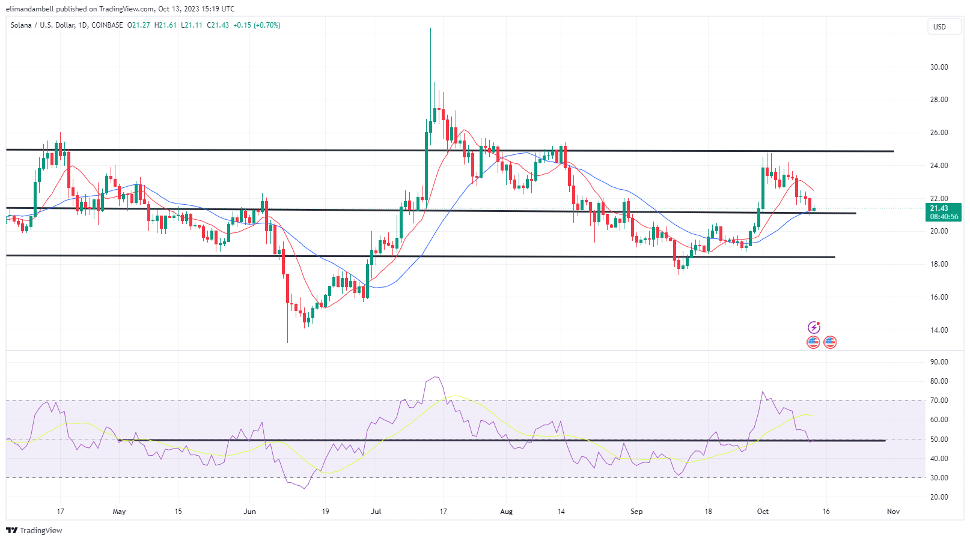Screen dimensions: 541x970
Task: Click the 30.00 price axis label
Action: [939, 67]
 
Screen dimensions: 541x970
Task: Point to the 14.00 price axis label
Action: [939, 330]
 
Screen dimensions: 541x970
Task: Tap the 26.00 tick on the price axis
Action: [939, 133]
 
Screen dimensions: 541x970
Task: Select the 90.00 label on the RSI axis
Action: [939, 362]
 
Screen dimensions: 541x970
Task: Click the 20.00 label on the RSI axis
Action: [939, 497]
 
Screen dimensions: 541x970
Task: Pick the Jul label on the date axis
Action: [376, 512]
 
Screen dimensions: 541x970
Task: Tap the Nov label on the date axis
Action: [893, 512]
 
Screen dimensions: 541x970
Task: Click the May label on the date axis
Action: [119, 512]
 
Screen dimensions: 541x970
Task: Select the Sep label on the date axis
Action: [636, 512]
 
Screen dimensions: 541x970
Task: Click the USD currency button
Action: [939, 27]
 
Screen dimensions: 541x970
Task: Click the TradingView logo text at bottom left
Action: [34, 531]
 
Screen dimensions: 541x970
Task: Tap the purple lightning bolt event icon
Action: [814, 327]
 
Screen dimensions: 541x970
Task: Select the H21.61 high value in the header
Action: [165, 25]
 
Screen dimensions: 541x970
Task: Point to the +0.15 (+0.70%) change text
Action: [257, 25]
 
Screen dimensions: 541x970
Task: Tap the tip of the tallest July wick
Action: [430, 28]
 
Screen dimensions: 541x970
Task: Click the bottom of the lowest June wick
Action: [287, 343]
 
